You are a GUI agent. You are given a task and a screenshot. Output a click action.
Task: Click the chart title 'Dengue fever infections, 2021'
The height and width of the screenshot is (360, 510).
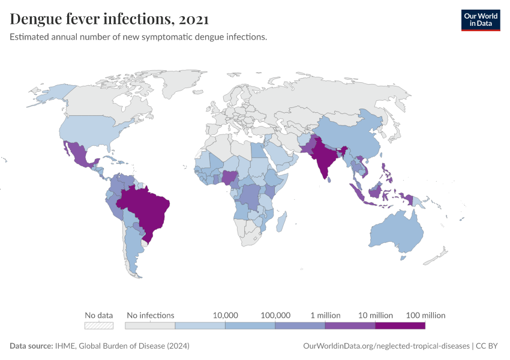pyautogui.click(x=109, y=19)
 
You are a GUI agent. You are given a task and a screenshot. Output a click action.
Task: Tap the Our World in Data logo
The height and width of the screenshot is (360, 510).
pyautogui.click(x=480, y=19)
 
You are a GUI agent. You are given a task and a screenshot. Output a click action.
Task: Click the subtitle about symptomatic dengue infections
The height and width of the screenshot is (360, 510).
pyautogui.click(x=138, y=37)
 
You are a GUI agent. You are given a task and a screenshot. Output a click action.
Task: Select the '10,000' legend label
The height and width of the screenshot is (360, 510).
pyautogui.click(x=226, y=315)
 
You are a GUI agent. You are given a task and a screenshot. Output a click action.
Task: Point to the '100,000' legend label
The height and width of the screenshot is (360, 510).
pyautogui.click(x=275, y=315)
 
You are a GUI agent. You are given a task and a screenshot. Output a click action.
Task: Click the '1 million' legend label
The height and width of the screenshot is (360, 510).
pyautogui.click(x=325, y=315)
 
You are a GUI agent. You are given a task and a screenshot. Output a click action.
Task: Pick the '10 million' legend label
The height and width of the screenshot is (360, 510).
pyautogui.click(x=375, y=315)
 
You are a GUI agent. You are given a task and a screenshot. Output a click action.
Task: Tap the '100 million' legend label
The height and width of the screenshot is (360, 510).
pyautogui.click(x=425, y=315)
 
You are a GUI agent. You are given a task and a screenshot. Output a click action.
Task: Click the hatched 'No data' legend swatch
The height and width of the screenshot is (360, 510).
pyautogui.click(x=99, y=326)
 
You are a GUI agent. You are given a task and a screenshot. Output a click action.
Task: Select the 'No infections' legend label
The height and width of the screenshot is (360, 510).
pyautogui.click(x=150, y=315)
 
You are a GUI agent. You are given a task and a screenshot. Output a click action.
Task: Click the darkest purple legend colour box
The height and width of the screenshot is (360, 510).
pyautogui.click(x=400, y=326)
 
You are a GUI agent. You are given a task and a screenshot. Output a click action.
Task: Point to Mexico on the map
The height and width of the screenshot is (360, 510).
pyautogui.click(x=81, y=156)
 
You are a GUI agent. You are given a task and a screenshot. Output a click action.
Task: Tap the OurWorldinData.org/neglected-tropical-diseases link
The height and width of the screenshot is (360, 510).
pyautogui.click(x=386, y=346)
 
